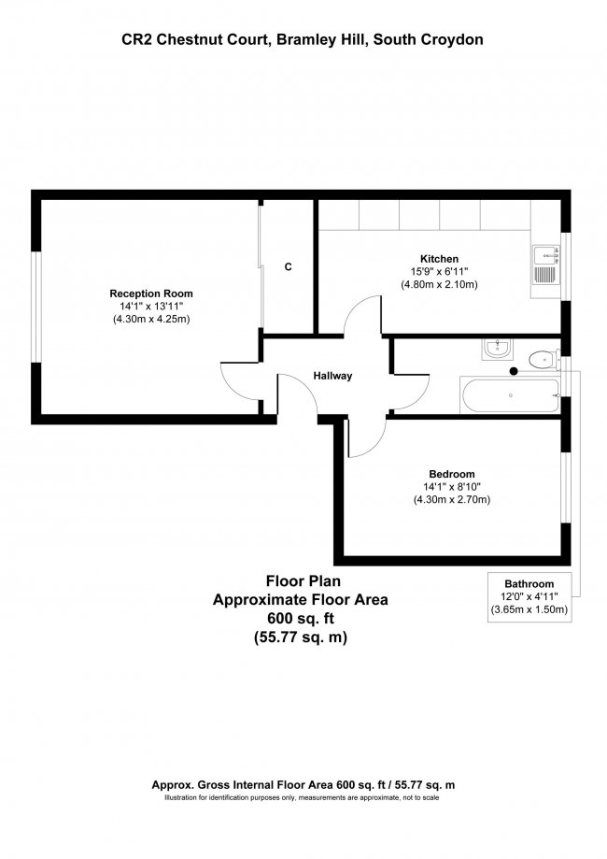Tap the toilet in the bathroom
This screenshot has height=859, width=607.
[540, 358]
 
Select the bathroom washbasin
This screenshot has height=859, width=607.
[496, 350]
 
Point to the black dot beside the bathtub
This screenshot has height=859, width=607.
[513, 371]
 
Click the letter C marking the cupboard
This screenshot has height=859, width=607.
[288, 267]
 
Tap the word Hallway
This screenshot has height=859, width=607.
[332, 376]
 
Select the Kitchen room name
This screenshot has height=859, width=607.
[439, 259]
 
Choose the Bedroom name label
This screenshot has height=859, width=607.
[452, 473]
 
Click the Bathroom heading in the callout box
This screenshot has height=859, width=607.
[529, 582]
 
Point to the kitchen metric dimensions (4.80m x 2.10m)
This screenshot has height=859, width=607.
[439, 284]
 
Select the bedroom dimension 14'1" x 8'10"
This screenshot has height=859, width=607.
[452, 486]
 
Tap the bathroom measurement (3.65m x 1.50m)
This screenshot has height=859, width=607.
[529, 609]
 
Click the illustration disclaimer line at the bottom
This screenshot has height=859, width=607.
[303, 797]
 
